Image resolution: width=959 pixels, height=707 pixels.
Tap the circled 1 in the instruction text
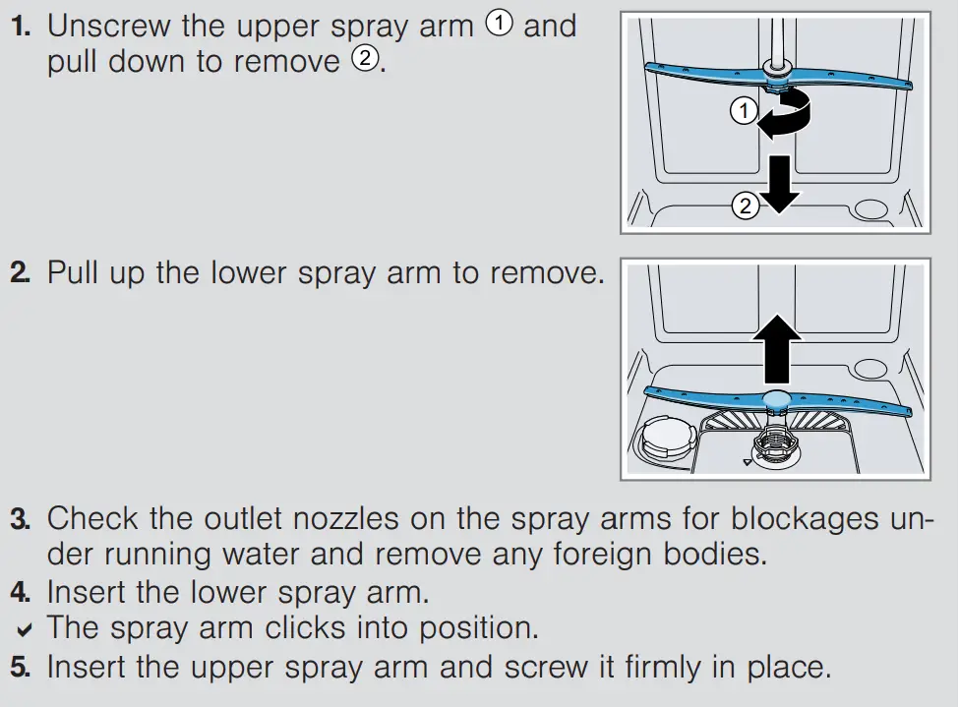click(500, 26)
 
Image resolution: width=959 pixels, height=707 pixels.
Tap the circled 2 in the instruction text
click(363, 61)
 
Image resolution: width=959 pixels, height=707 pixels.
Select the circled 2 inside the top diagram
click(745, 206)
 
